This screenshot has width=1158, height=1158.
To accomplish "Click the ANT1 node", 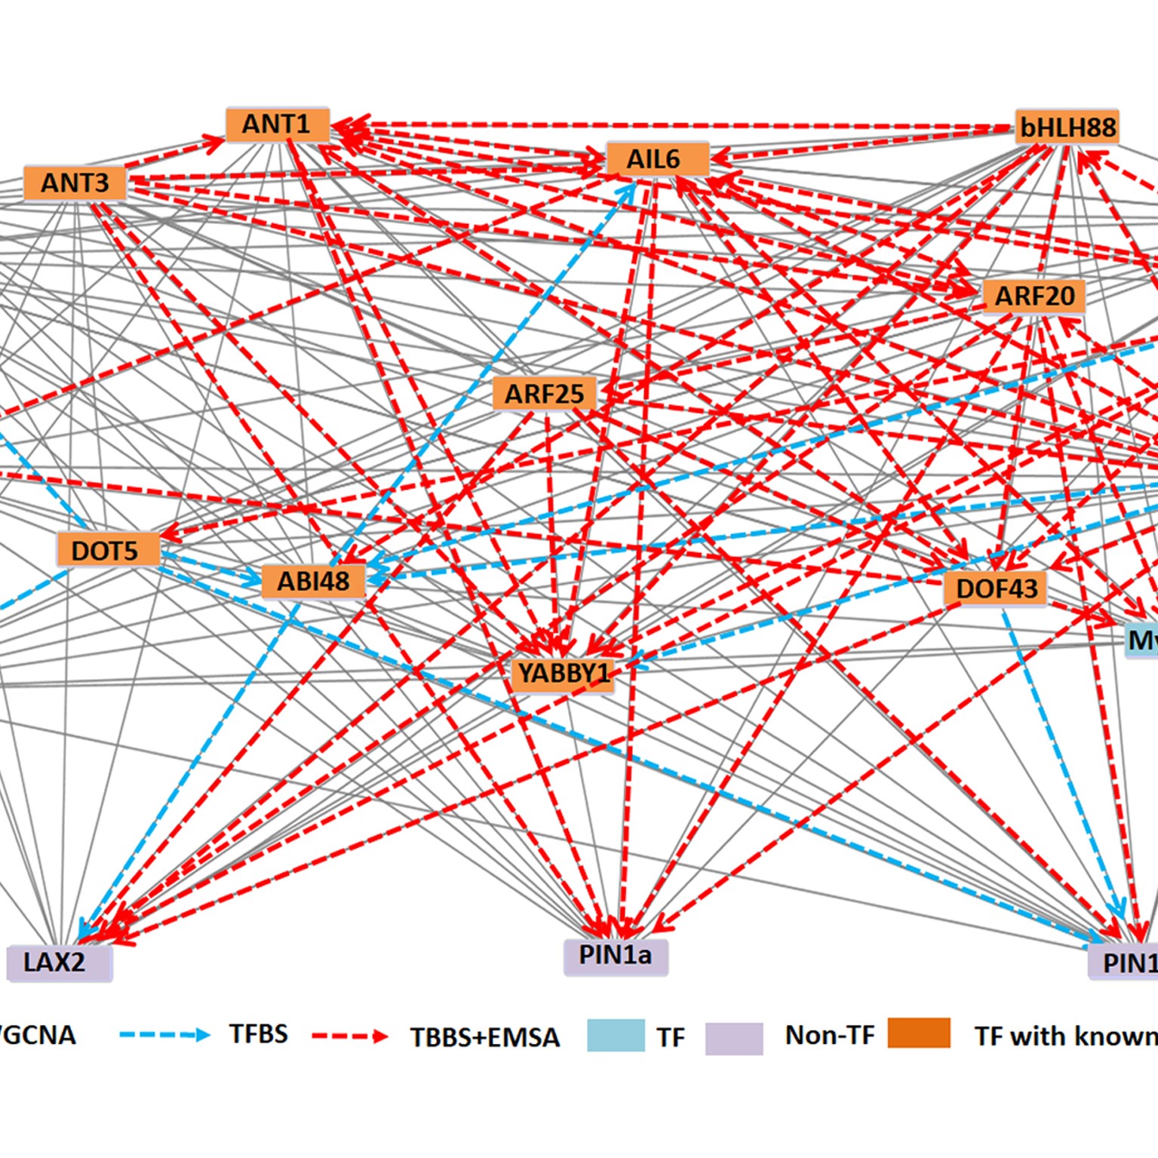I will pos(278,124).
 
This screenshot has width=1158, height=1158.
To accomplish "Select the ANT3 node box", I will pos(75,183).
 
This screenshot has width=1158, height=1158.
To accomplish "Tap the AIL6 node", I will pos(657,160).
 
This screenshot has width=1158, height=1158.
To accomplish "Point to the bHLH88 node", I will pos(1067,127).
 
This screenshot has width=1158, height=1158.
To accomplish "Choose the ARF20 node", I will pos(1034,296).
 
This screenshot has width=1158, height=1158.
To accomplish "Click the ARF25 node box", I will pos(544,394).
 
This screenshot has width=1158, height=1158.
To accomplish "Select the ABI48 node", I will pos(314,582).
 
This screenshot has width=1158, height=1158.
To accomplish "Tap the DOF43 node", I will pos(995,588).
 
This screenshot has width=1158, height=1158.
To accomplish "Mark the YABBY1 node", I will pos(562,673).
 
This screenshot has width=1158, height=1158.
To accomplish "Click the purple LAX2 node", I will pos(59,963).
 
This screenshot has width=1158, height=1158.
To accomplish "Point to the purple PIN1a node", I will pos(616,956).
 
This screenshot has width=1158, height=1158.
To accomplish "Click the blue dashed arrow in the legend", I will pos(164,1035).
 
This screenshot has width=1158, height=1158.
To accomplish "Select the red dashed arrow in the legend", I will pos(349,1037).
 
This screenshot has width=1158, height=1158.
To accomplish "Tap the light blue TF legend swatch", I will pos(616,1036).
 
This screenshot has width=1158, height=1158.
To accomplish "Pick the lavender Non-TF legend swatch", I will pos(734,1038).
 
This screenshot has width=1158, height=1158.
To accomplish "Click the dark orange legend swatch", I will pos(918,1034).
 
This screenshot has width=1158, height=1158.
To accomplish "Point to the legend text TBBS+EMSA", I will pos(485,1037).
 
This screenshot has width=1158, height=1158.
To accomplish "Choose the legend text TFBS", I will pos(259,1034).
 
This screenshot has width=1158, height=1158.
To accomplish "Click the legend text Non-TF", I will pos(829,1035).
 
